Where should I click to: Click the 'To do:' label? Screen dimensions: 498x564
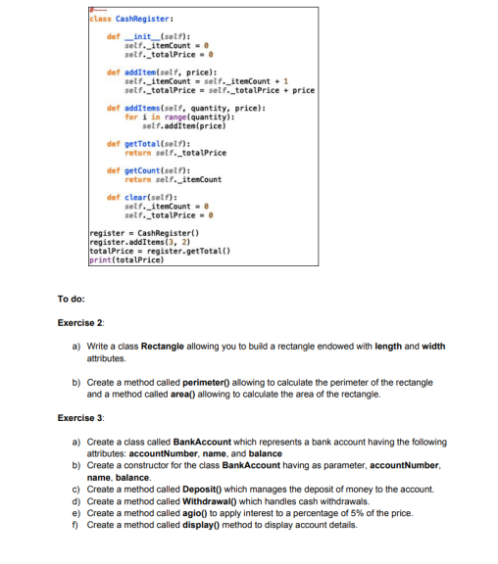[x=71, y=299]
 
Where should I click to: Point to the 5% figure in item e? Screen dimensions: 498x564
[x=367, y=511]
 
